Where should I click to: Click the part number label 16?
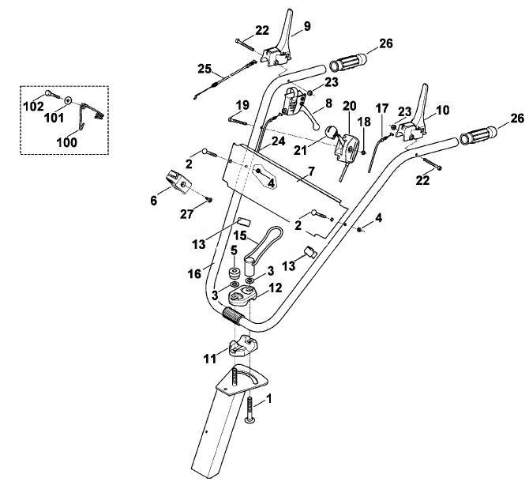point(194,273)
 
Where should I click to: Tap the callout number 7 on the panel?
point(311,171)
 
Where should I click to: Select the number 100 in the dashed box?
point(67,142)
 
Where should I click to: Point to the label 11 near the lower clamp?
point(210,359)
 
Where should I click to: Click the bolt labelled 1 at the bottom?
point(250,409)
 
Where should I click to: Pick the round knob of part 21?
point(330,132)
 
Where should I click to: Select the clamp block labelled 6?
point(178,182)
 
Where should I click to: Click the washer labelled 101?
point(69,100)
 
